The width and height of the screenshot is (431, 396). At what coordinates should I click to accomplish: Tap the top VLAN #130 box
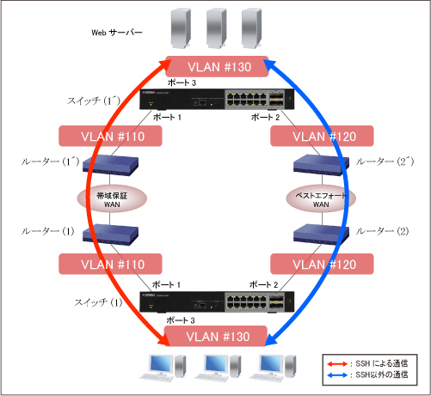(215, 67)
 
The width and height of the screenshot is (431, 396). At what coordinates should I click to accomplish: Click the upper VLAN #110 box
(108, 136)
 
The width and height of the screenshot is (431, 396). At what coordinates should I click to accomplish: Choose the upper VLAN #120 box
(322, 136)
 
